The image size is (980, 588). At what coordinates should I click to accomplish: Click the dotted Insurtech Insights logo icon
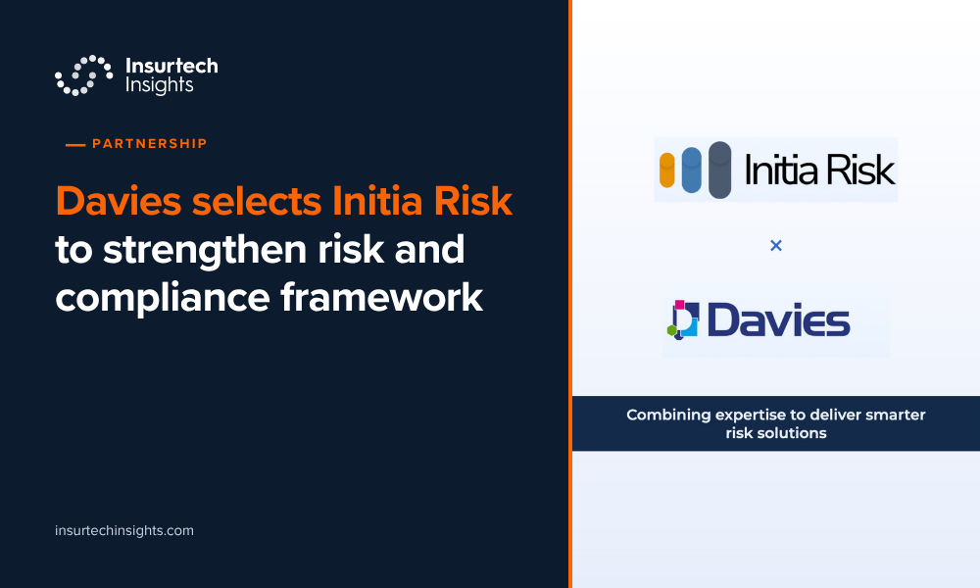83,75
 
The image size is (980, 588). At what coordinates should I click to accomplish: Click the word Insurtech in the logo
171,66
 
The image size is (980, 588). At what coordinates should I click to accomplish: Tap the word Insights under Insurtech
160,85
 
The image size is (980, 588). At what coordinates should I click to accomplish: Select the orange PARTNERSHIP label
149,144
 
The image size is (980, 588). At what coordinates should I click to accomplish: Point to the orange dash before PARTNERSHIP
75,145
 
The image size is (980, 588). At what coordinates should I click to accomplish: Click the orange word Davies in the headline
119,201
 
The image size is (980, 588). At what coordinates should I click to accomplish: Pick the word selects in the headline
257,201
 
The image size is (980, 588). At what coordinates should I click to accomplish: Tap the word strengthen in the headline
205,250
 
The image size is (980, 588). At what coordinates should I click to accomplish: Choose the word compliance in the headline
163,298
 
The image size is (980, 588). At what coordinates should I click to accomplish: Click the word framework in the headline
382,298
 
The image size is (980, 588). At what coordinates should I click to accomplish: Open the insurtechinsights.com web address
124,530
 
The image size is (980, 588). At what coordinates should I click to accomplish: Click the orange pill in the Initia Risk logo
667,170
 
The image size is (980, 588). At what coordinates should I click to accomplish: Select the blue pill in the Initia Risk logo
691,170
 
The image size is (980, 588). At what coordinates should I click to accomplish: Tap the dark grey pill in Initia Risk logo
720,170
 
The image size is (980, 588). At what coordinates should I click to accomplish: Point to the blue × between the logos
776,246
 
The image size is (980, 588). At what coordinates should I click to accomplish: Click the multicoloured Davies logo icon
683,319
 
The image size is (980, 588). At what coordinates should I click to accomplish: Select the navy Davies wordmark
779,319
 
